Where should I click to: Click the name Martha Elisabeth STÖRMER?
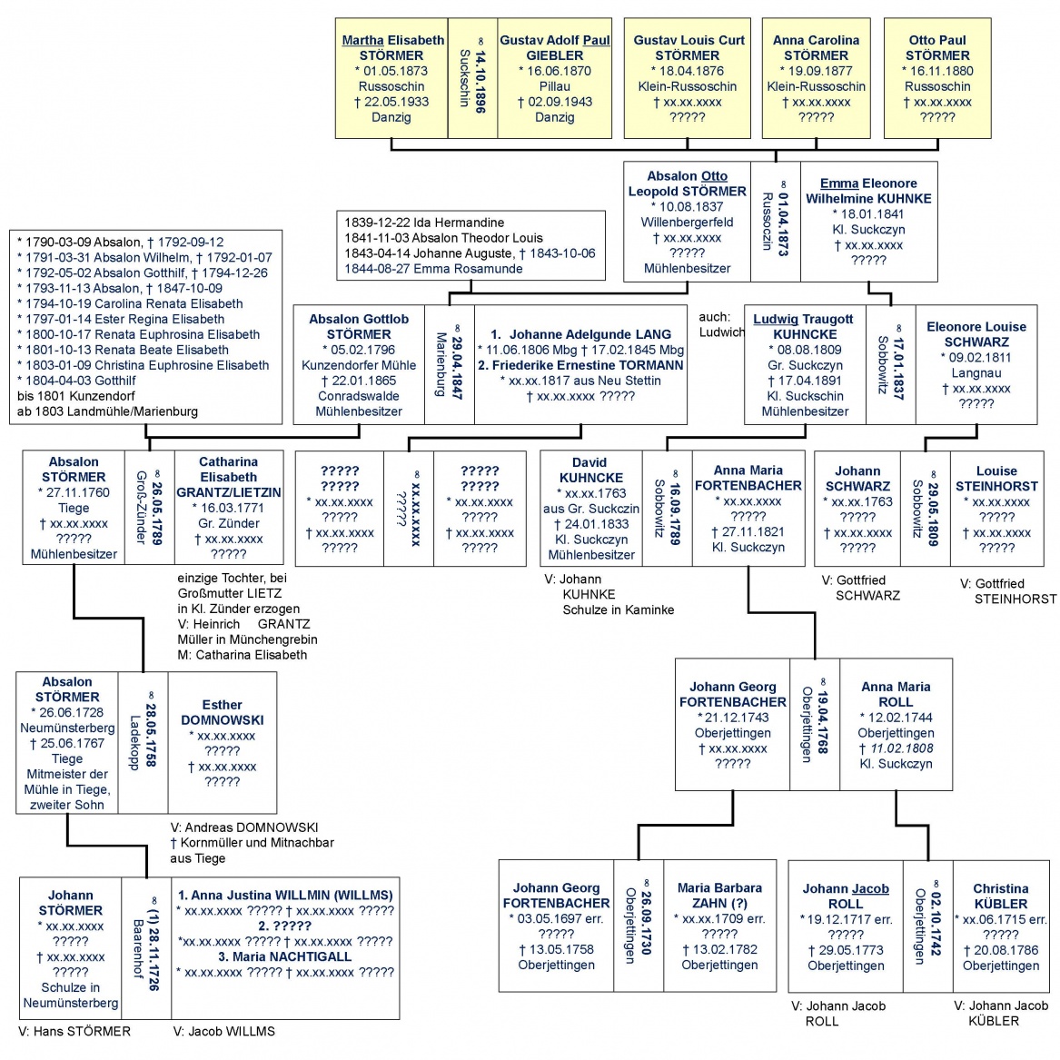click(x=392, y=47)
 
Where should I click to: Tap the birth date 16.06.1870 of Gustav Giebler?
click(x=554, y=71)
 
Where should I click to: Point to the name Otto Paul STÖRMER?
click(x=937, y=47)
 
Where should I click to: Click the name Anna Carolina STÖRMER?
click(x=816, y=47)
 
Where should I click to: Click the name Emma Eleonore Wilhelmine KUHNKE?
click(x=868, y=191)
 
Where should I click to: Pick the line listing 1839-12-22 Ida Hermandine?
click(x=424, y=223)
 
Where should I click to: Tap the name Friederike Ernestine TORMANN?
click(x=580, y=365)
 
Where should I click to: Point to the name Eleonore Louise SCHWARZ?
click(x=976, y=334)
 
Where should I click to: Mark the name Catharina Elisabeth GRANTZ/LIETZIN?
click(x=229, y=477)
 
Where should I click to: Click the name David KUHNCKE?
click(x=590, y=470)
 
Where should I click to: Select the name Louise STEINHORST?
click(x=996, y=478)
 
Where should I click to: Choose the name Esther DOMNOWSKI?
click(x=222, y=712)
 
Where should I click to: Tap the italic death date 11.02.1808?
click(x=896, y=748)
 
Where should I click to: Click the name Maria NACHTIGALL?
click(x=285, y=956)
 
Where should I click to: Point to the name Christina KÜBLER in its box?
click(x=1000, y=896)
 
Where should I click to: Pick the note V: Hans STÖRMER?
click(x=74, y=1031)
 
